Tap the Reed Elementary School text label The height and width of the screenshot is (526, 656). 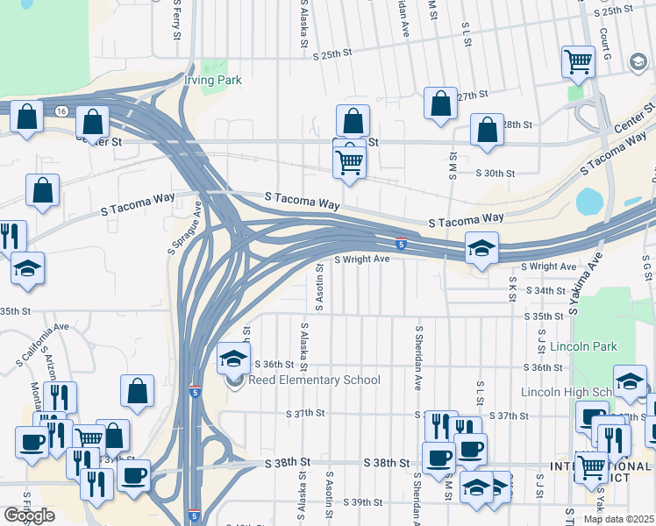coord(314,380)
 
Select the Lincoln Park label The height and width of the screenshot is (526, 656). coord(580,346)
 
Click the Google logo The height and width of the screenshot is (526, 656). coord(29,515)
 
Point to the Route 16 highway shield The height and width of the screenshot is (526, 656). coord(61,111)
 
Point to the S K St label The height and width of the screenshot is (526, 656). coord(512,286)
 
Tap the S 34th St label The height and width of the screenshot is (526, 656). coord(545,290)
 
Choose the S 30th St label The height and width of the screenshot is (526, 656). coord(495,174)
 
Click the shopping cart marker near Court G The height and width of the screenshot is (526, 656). coord(578,60)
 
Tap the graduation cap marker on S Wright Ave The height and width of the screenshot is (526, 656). coord(481,247)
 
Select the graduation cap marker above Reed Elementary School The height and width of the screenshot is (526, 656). coord(234,357)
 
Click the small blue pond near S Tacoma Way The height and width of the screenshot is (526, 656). coord(589,202)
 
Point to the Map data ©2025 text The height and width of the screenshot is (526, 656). coord(618,519)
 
